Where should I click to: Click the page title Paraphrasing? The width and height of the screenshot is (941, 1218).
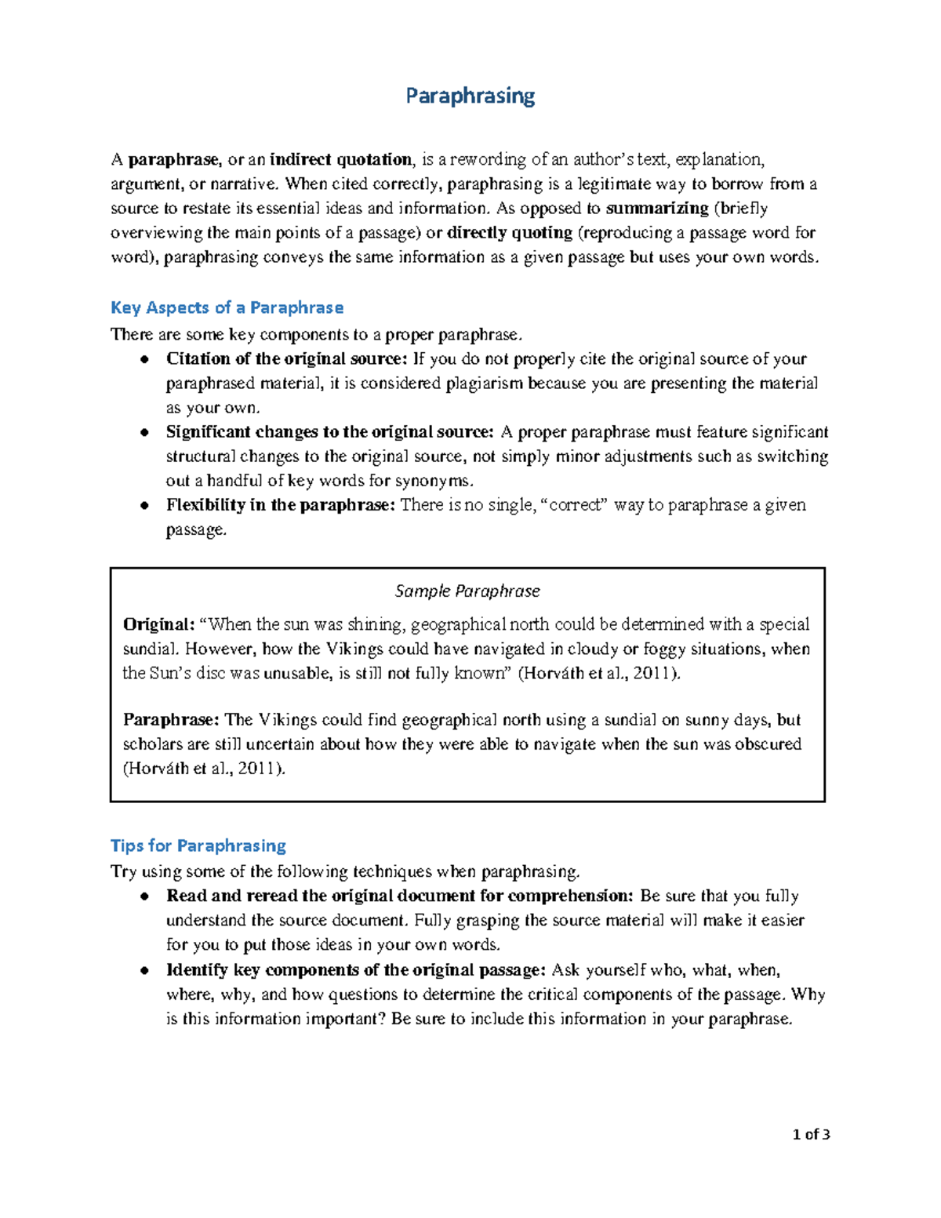click(470, 96)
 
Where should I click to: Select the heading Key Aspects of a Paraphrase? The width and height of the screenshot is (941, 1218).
click(227, 307)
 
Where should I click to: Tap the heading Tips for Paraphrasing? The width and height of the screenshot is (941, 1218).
click(198, 845)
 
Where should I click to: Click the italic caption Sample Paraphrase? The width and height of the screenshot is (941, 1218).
click(467, 591)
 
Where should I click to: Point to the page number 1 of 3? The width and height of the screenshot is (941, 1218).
click(811, 1134)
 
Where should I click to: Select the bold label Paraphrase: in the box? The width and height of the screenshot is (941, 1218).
click(171, 720)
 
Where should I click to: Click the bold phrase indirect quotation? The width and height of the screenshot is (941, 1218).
click(340, 160)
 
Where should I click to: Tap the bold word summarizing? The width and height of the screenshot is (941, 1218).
click(657, 209)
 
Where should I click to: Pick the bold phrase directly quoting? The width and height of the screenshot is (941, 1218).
click(509, 233)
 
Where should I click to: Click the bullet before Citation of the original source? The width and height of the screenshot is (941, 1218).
click(144, 359)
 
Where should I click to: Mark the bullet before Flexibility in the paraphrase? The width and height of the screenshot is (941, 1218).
click(144, 505)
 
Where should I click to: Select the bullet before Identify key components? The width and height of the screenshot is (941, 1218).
click(144, 970)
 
